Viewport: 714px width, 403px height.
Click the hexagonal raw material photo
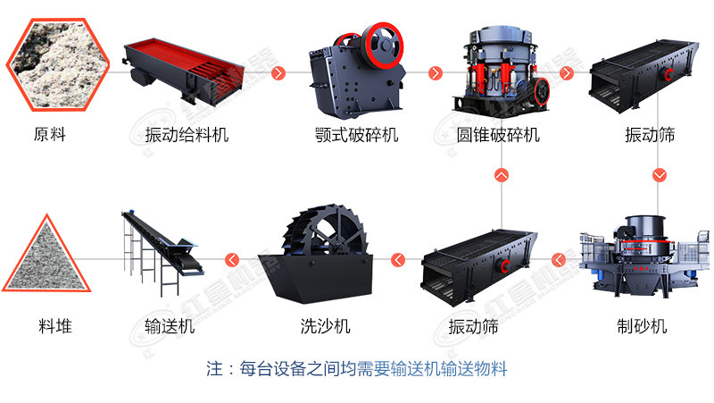pyautogui.click(x=58, y=64)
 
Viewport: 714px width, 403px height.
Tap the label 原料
pyautogui.click(x=50, y=135)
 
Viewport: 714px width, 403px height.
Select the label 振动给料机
pyautogui.click(x=187, y=135)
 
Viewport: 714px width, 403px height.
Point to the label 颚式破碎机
pyautogui.click(x=356, y=135)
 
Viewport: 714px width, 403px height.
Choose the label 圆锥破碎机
pyautogui.click(x=498, y=135)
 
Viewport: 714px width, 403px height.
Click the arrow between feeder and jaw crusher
pyautogui.click(x=278, y=73)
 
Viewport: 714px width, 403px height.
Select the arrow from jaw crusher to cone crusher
pyautogui.click(x=436, y=73)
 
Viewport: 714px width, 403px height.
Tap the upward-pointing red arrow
pyautogui.click(x=502, y=175)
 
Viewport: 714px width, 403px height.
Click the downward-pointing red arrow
pyautogui.click(x=660, y=175)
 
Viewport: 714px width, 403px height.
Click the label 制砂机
pyautogui.click(x=642, y=326)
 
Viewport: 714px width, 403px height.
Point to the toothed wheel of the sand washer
pyautogui.click(x=325, y=232)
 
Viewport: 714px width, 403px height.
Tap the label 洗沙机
pyautogui.click(x=325, y=326)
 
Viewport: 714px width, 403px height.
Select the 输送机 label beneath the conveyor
pyautogui.click(x=170, y=326)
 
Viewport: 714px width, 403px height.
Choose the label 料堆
pyautogui.click(x=55, y=326)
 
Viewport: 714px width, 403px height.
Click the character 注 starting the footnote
pyautogui.click(x=214, y=368)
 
